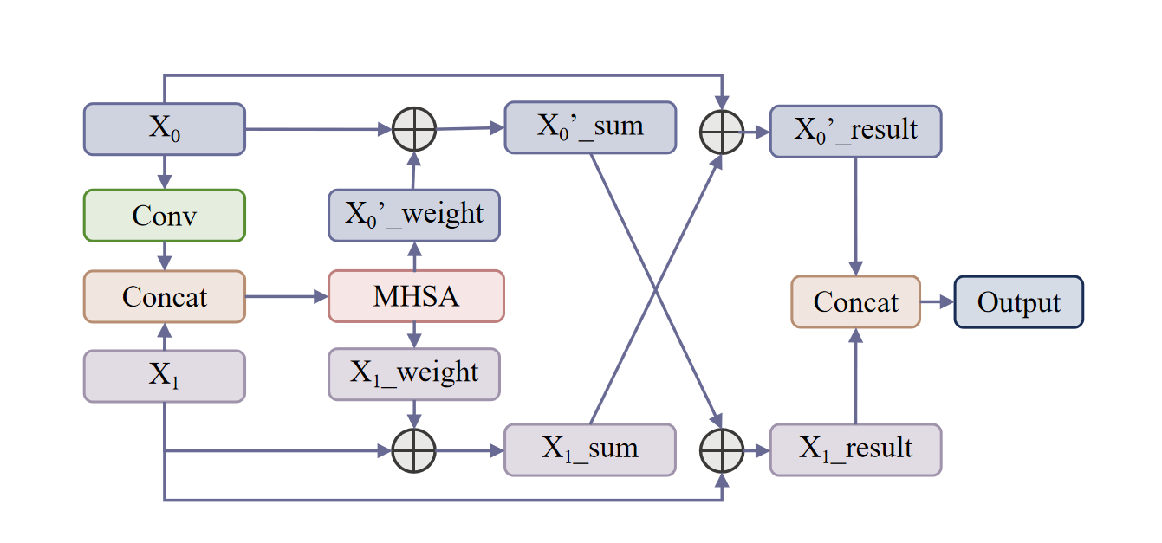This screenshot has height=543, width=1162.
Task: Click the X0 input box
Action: [x=165, y=129]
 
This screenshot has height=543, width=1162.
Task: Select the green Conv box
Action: [x=165, y=215]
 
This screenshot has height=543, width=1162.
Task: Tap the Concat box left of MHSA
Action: [x=165, y=297]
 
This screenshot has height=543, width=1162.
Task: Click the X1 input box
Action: [x=165, y=376]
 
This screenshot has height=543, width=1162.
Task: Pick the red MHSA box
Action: [x=416, y=296]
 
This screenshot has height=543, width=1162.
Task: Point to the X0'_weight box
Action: [x=414, y=215]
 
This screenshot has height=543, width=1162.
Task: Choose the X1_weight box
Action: [x=414, y=374]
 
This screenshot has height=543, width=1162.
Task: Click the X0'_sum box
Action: [x=590, y=127]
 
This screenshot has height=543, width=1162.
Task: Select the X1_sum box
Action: [x=590, y=449]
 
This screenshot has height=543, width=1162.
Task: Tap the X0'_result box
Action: [x=855, y=132]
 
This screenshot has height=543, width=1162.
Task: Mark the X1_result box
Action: [x=855, y=449]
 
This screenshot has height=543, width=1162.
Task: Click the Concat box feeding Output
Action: [x=855, y=302]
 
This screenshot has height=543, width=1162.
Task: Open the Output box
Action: [x=1018, y=302]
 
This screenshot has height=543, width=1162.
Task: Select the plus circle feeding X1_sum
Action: [x=414, y=451]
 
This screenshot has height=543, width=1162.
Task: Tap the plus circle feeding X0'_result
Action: [x=722, y=133]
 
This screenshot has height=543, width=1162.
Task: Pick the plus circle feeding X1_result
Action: [x=722, y=451]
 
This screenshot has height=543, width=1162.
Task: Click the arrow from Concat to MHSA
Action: [x=287, y=297]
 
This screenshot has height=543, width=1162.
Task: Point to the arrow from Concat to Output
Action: [x=937, y=302]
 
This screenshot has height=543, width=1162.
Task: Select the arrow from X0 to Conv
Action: [x=165, y=172]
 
